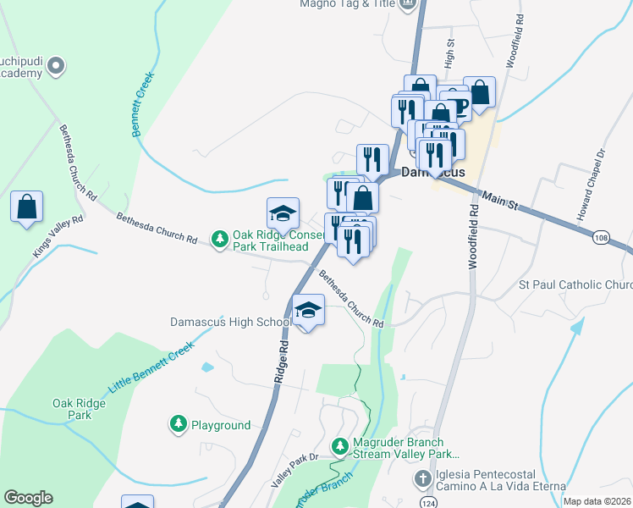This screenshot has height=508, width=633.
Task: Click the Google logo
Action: (28, 498)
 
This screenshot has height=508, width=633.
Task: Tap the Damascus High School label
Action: (231, 323)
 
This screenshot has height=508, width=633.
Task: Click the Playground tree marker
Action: (178, 424)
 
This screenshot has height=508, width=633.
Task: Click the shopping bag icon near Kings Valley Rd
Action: (27, 207)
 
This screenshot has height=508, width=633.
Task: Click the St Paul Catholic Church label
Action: (575, 285)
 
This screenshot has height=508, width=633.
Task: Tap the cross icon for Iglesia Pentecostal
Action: (423, 480)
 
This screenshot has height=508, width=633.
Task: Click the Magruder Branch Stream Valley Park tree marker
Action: (339, 445)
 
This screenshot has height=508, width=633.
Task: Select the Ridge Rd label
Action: (282, 363)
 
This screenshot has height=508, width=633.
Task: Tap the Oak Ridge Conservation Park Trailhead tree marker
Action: (220, 240)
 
